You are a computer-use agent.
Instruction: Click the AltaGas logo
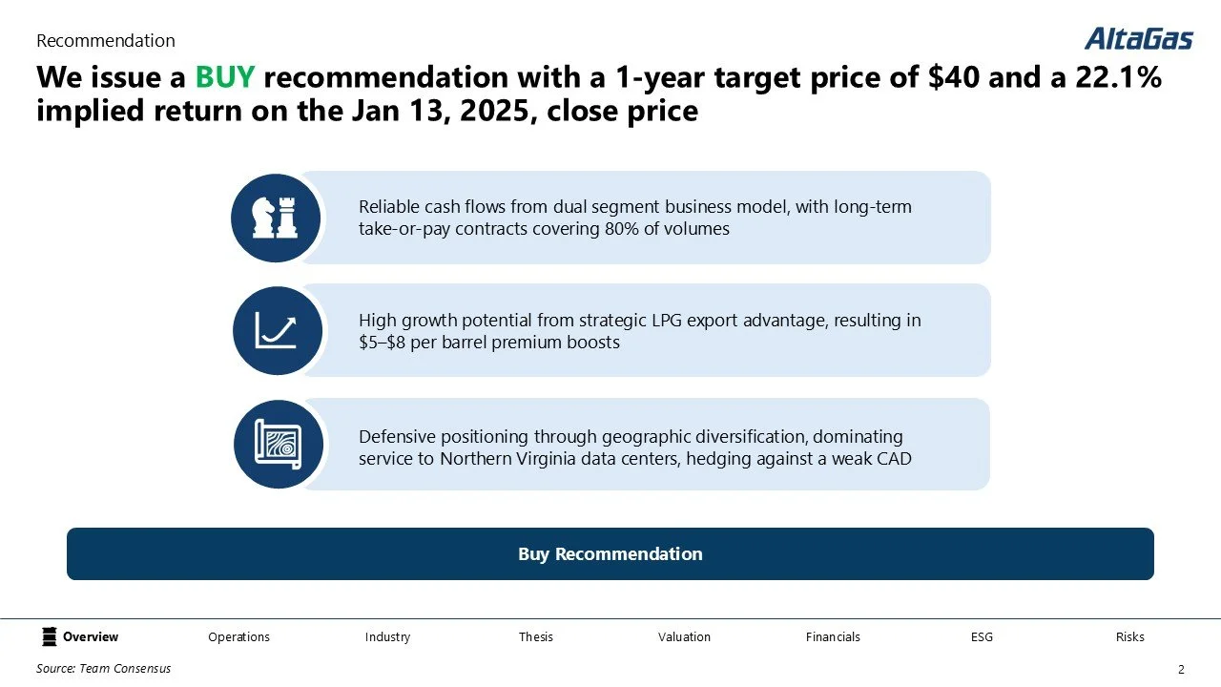tap(1138, 38)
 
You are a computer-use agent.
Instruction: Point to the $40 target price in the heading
tap(954, 77)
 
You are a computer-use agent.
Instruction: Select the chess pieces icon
tap(275, 219)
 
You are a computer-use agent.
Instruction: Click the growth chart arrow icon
tap(277, 330)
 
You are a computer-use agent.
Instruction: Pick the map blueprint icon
tap(278, 445)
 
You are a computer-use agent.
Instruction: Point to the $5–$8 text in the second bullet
tap(387, 342)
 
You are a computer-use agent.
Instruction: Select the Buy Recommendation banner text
tap(610, 554)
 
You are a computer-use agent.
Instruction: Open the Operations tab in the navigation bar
tap(238, 636)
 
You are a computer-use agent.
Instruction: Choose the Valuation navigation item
tap(684, 636)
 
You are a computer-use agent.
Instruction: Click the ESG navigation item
tap(982, 636)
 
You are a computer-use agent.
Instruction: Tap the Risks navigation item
tap(1129, 636)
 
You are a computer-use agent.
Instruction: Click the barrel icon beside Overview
tap(50, 636)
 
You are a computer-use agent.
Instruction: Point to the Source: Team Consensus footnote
tap(103, 669)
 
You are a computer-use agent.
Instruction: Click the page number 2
tap(1181, 670)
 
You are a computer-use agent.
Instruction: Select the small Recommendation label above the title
tap(105, 41)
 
